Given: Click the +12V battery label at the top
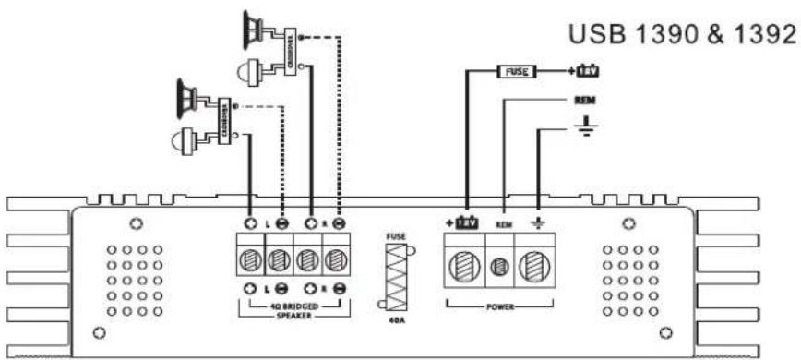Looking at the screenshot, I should click(x=588, y=70).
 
